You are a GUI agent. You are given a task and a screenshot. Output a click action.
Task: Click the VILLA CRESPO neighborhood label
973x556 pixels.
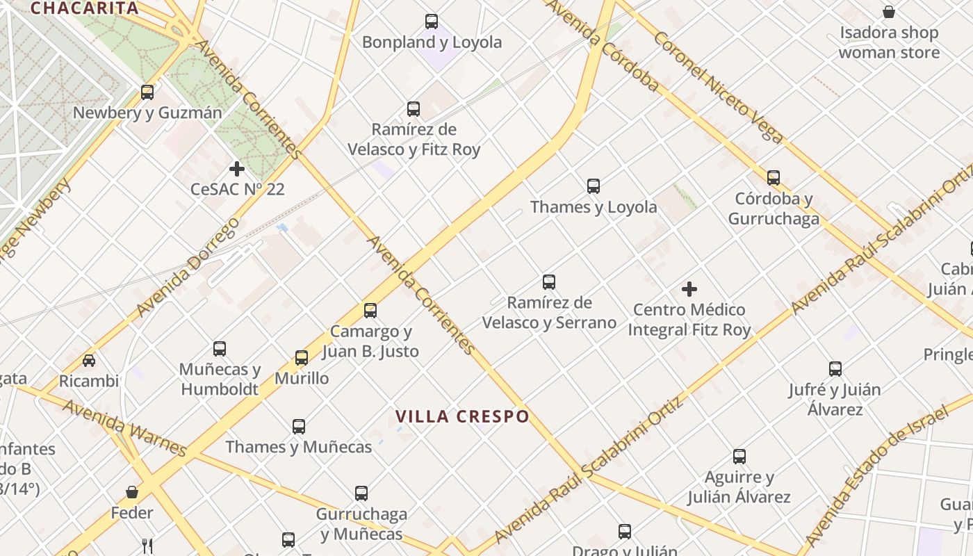click(462, 416)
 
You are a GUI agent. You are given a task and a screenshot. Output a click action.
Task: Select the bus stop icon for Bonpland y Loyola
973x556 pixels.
click(432, 22)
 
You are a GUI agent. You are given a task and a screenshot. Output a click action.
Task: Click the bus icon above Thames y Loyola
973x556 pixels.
click(593, 186)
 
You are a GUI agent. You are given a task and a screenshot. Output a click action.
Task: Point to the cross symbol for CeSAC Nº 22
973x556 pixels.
click(237, 169)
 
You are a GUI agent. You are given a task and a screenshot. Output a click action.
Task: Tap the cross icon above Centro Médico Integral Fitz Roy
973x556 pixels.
click(689, 289)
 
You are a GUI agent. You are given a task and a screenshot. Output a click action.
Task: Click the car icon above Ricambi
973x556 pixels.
click(89, 361)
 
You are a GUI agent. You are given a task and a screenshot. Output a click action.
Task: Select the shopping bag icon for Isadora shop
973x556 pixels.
click(888, 12)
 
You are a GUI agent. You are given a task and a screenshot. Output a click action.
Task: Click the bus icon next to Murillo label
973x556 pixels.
click(302, 358)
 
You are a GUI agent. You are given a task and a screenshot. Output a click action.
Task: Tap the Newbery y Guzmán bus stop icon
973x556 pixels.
click(147, 92)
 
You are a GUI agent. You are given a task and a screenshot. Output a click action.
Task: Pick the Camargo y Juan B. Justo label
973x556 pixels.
click(370, 341)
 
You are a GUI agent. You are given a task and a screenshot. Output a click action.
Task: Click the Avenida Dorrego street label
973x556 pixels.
click(188, 267)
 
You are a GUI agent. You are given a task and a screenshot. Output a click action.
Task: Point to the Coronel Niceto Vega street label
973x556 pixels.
click(718, 87)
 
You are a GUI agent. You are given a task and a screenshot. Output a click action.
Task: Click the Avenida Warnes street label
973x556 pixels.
click(124, 427)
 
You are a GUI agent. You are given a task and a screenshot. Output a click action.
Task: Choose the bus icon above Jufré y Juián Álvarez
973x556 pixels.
click(835, 369)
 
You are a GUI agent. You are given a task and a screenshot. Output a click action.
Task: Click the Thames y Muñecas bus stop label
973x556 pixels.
click(299, 447)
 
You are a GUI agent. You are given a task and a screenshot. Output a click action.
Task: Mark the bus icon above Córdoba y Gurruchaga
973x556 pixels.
click(774, 178)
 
